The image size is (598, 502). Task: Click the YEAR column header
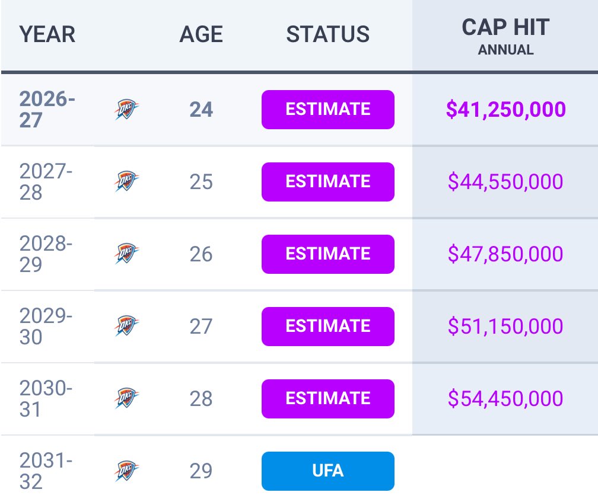[47, 34]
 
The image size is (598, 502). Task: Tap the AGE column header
[201, 34]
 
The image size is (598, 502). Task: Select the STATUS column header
[328, 34]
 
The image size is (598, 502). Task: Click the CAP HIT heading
[505, 27]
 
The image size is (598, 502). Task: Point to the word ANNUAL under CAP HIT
[505, 50]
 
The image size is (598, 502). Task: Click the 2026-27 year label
[47, 110]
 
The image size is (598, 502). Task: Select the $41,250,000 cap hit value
[505, 109]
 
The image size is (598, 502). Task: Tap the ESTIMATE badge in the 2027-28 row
[328, 182]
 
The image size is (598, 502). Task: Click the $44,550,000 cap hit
[505, 181]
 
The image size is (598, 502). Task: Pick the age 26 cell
[201, 254]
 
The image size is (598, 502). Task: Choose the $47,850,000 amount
[505, 254]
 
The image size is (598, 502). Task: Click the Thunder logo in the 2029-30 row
[126, 325]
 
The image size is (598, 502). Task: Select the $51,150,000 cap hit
[505, 326]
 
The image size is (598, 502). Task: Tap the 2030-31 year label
[46, 399]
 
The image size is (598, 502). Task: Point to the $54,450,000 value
[505, 398]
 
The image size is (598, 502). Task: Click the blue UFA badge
[328, 471]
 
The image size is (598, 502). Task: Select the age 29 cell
[201, 471]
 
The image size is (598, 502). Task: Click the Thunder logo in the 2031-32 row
[126, 471]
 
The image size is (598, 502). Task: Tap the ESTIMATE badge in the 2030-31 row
[328, 399]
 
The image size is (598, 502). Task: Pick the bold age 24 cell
[201, 110]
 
